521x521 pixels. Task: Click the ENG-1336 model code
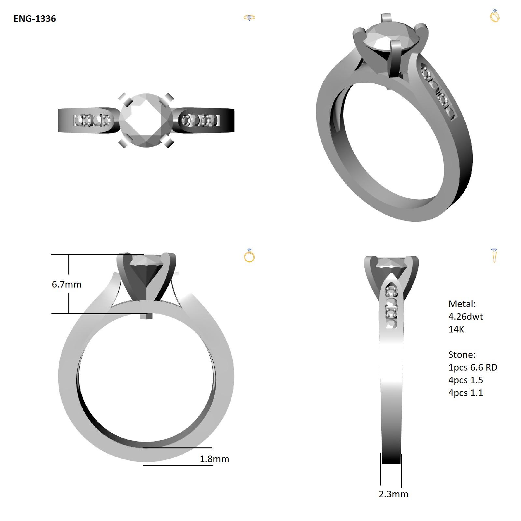click(35, 19)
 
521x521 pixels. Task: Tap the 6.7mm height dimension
click(66, 284)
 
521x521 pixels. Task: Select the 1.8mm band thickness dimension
click(214, 459)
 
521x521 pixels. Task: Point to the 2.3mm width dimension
click(393, 494)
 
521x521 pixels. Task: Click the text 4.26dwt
click(466, 317)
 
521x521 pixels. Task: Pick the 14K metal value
click(456, 329)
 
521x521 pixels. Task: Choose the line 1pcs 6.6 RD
click(473, 367)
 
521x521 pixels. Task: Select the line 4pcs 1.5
click(466, 380)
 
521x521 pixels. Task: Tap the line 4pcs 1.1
click(466, 393)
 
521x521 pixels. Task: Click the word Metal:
click(462, 304)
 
